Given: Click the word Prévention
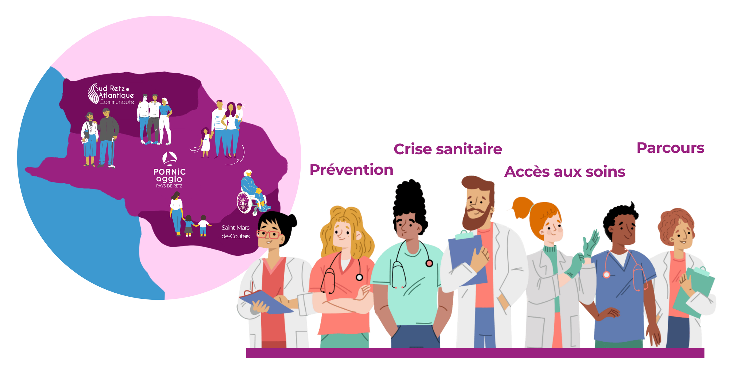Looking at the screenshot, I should (351, 170).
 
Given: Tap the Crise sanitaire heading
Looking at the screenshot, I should (448, 149).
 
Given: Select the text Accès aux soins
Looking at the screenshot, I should (564, 172).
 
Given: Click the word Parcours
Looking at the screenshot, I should (670, 148).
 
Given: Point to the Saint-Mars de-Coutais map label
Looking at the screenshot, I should (235, 232).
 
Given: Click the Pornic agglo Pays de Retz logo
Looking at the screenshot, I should (169, 170).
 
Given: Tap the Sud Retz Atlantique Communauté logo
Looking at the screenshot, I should (111, 94).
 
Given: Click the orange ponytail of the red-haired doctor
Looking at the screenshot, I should (522, 207).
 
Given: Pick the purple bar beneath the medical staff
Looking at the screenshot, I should (475, 353).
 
